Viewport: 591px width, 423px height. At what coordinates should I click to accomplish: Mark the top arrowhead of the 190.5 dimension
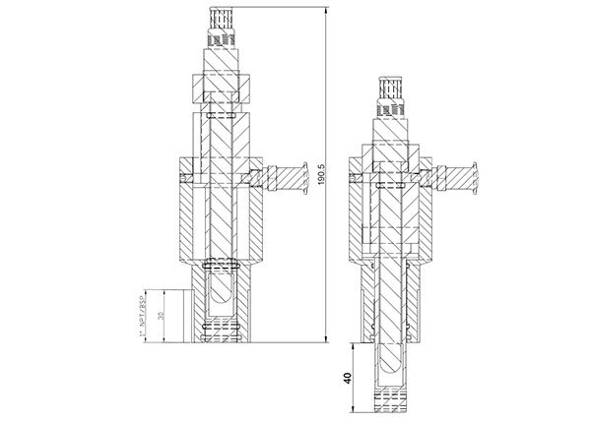[x=326, y=9]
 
